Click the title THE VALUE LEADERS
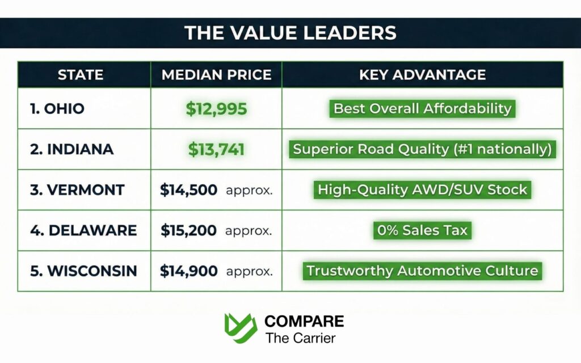290,32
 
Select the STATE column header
81,74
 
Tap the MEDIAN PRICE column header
216,74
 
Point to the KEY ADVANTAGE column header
422,74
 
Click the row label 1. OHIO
57,108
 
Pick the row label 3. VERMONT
77,190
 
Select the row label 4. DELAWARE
83,230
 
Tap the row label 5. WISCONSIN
83,271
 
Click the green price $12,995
216,108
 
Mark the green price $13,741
216,149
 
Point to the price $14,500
188,190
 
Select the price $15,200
188,230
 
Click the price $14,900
188,271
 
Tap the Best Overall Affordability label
422,108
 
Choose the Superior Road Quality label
422,149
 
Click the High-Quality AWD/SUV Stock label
422,190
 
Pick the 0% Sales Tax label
422,230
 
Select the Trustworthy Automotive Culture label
422,271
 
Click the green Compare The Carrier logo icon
241,328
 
